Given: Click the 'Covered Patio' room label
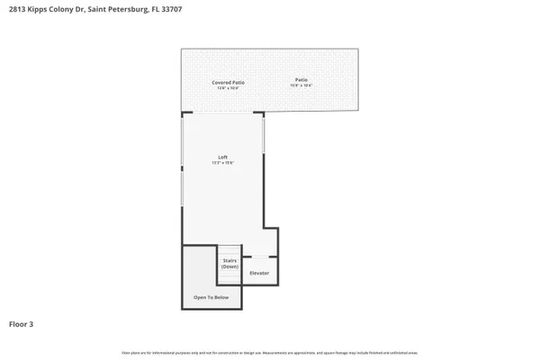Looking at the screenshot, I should pyautogui.click(x=228, y=82).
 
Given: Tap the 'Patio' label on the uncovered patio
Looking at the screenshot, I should pyautogui.click(x=301, y=80).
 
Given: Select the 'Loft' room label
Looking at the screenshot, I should pyautogui.click(x=222, y=157).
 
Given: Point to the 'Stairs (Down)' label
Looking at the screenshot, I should pyautogui.click(x=229, y=263).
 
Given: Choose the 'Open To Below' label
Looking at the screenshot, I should pyautogui.click(x=211, y=297).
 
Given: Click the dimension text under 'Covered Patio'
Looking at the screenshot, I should pyautogui.click(x=228, y=87).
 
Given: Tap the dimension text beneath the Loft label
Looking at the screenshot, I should pyautogui.click(x=222, y=163).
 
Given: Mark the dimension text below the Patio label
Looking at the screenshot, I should pyautogui.click(x=301, y=85).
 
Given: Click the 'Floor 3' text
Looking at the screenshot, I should pyautogui.click(x=22, y=323).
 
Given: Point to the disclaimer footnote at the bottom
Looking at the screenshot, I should pyautogui.click(x=270, y=352).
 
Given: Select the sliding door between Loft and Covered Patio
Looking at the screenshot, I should pyautogui.click(x=223, y=113).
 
